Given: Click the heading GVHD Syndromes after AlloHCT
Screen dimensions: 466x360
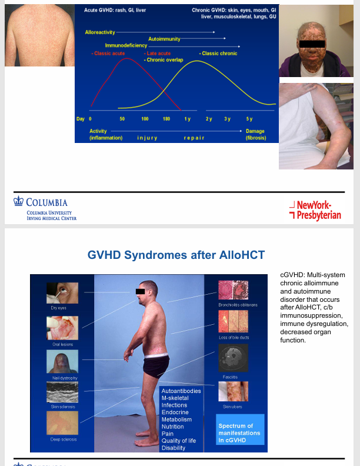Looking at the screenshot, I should click(x=176, y=255).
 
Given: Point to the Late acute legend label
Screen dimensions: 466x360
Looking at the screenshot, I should click(x=158, y=54).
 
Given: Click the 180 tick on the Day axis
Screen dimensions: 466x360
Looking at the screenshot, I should click(x=166, y=119).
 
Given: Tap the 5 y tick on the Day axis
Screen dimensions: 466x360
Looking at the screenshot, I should click(x=249, y=119).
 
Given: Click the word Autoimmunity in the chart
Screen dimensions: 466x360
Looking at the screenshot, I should click(x=164, y=39).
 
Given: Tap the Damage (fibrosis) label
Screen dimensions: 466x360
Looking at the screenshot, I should click(x=256, y=134).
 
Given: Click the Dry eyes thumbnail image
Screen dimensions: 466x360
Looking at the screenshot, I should click(x=60, y=292).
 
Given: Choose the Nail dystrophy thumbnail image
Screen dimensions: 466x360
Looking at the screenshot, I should click(x=60, y=361).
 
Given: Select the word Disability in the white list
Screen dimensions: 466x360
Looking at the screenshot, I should click(x=174, y=448).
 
